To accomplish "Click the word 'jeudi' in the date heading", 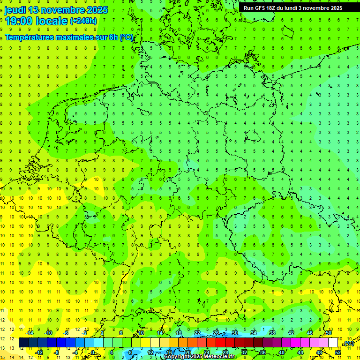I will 15,10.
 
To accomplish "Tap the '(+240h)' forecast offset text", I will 83,21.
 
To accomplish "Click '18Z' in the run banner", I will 275,8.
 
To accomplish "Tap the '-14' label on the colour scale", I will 29,333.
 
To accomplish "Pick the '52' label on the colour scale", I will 338,352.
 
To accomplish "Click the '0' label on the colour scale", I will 93,352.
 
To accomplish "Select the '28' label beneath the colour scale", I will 225,352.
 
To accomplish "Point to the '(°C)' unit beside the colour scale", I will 348,344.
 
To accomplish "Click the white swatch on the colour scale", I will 333,343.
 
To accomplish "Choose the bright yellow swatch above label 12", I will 150,343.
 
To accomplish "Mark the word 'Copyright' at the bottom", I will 177,357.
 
